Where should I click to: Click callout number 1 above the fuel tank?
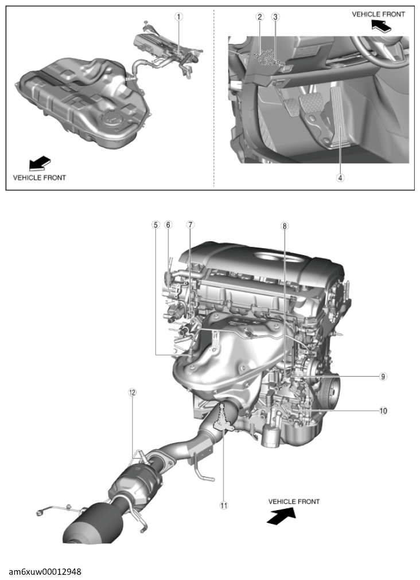[x=179, y=17]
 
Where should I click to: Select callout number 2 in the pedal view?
[x=259, y=17]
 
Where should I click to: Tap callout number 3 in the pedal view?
[x=275, y=17]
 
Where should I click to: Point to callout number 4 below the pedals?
[x=340, y=178]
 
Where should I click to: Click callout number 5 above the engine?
[x=155, y=225]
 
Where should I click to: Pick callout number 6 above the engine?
[x=169, y=225]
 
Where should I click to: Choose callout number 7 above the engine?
[x=190, y=225]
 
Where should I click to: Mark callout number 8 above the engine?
[x=285, y=226]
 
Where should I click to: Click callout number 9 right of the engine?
[x=383, y=377]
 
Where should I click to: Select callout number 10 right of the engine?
[x=383, y=410]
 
